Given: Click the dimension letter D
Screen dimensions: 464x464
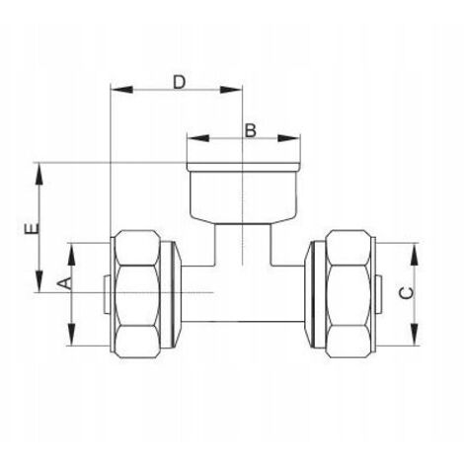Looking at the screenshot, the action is point(180,82).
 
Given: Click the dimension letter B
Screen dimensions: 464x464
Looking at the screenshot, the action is point(251,130).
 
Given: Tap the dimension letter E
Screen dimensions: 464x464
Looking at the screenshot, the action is point(32,228).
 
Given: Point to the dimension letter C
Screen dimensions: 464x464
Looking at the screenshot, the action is point(407,293).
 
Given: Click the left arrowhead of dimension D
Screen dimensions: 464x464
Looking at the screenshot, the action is point(121,90).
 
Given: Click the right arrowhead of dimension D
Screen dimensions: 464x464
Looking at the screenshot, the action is point(231,90).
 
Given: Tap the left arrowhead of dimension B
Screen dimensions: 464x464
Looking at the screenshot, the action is point(198,138).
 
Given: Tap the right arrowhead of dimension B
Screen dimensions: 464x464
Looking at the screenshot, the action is point(288,138).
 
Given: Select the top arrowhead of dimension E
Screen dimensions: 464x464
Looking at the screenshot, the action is point(39,174).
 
